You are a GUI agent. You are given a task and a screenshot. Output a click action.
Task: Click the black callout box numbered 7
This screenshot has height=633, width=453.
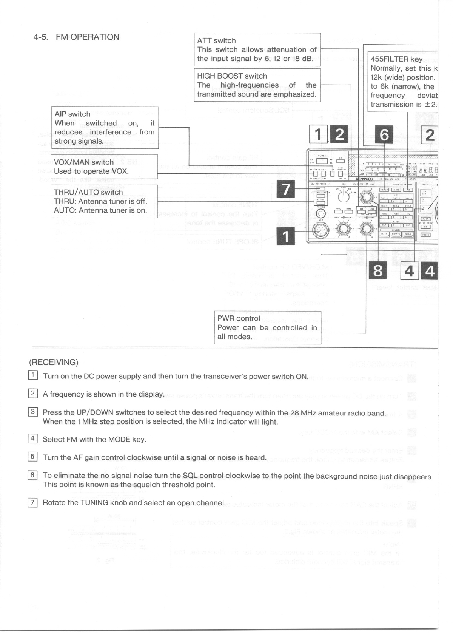286,189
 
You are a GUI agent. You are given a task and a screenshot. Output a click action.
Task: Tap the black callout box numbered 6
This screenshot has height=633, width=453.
384,135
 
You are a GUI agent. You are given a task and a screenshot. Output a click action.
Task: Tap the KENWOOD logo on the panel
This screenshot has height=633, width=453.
364,179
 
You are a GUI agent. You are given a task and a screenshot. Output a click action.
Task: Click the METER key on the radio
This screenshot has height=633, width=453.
384,190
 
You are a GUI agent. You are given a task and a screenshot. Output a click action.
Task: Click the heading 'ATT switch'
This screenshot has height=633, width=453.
216,40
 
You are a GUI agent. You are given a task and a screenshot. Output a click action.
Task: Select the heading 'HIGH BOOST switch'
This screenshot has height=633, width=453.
232,76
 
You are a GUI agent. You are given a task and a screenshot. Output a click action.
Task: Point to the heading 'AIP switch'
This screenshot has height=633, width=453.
72,114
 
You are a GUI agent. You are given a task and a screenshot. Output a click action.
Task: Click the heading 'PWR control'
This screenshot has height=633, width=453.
239,318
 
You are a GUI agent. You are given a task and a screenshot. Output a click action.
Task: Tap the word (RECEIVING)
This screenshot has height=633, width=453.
54,362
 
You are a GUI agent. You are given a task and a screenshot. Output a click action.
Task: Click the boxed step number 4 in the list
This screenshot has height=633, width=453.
33,438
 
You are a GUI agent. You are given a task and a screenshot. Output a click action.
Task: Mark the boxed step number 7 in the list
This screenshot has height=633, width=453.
33,502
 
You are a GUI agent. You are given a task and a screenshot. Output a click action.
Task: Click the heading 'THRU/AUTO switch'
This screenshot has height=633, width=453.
88,192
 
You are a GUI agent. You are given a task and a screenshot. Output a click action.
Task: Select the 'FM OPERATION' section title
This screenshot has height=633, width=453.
87,37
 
